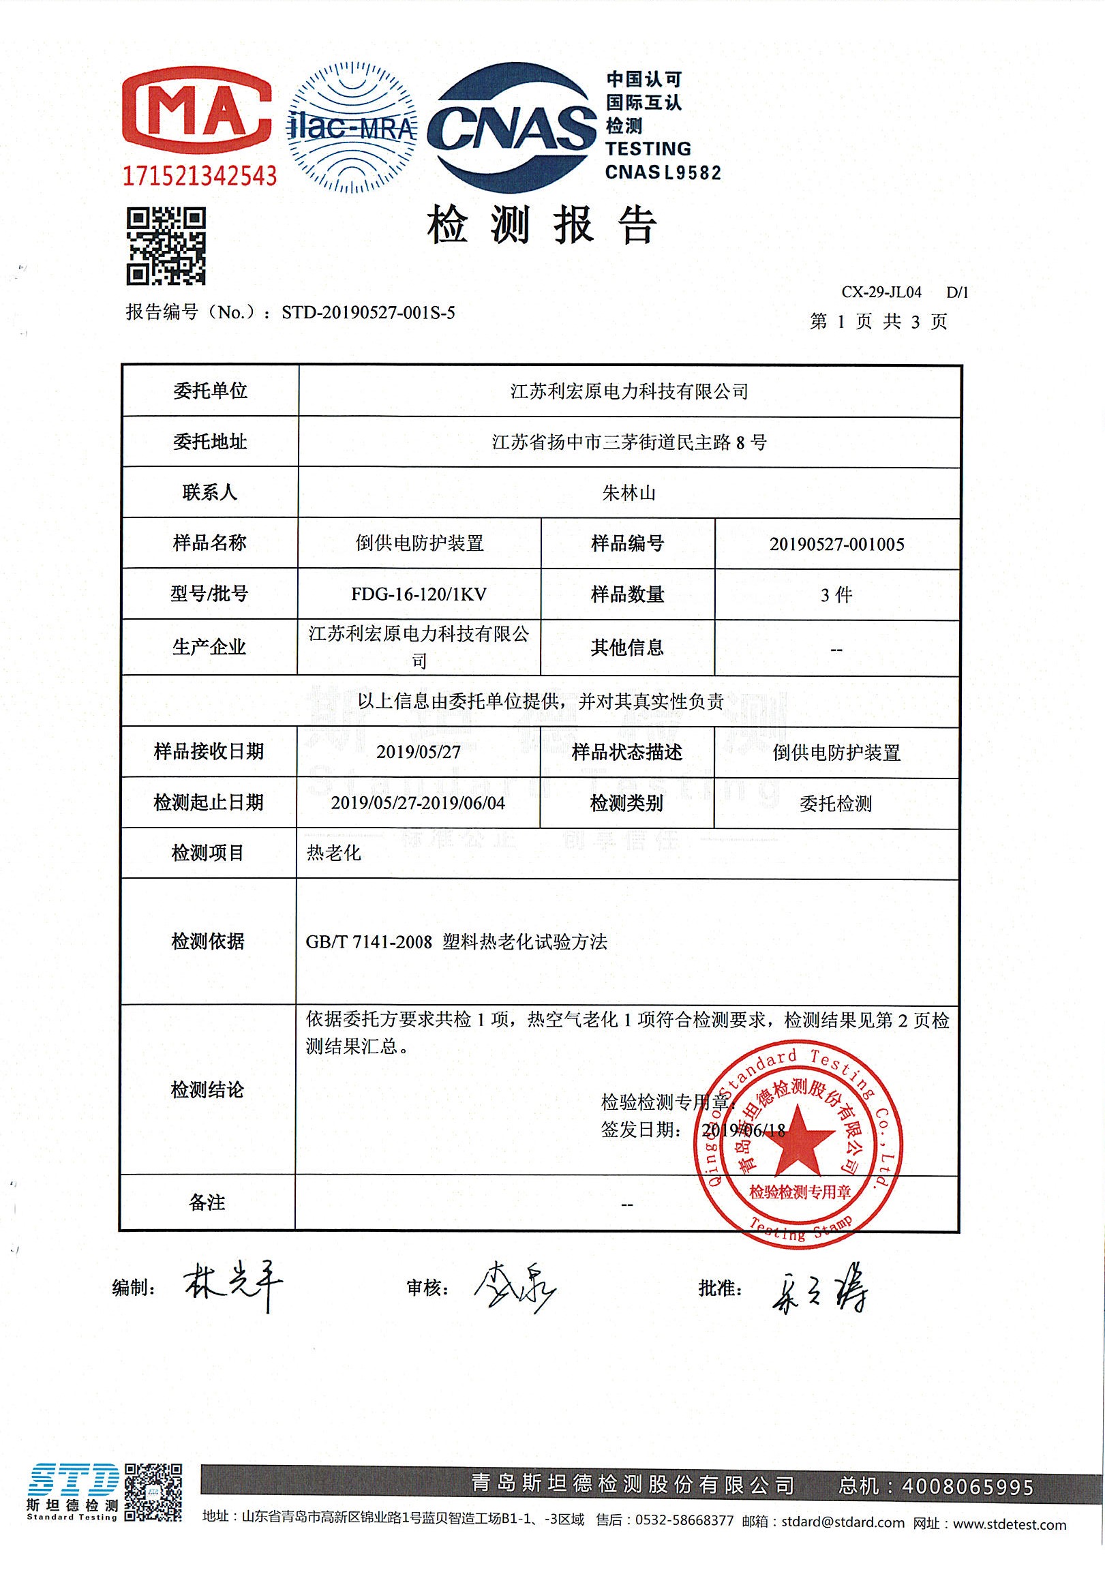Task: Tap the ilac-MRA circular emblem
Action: tap(352, 127)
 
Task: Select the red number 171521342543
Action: tap(199, 176)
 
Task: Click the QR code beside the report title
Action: tap(166, 246)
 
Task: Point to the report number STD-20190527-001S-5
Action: tap(368, 313)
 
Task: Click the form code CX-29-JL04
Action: tap(881, 292)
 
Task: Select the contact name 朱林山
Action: tap(629, 493)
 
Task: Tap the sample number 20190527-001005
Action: tap(836, 544)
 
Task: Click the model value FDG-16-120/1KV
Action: tap(419, 594)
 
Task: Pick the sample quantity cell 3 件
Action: tap(836, 594)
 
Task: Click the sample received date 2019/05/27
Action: tap(419, 752)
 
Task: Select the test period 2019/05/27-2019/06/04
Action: tap(419, 802)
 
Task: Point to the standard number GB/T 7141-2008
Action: tap(368, 942)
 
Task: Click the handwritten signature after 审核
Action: tap(515, 1288)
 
